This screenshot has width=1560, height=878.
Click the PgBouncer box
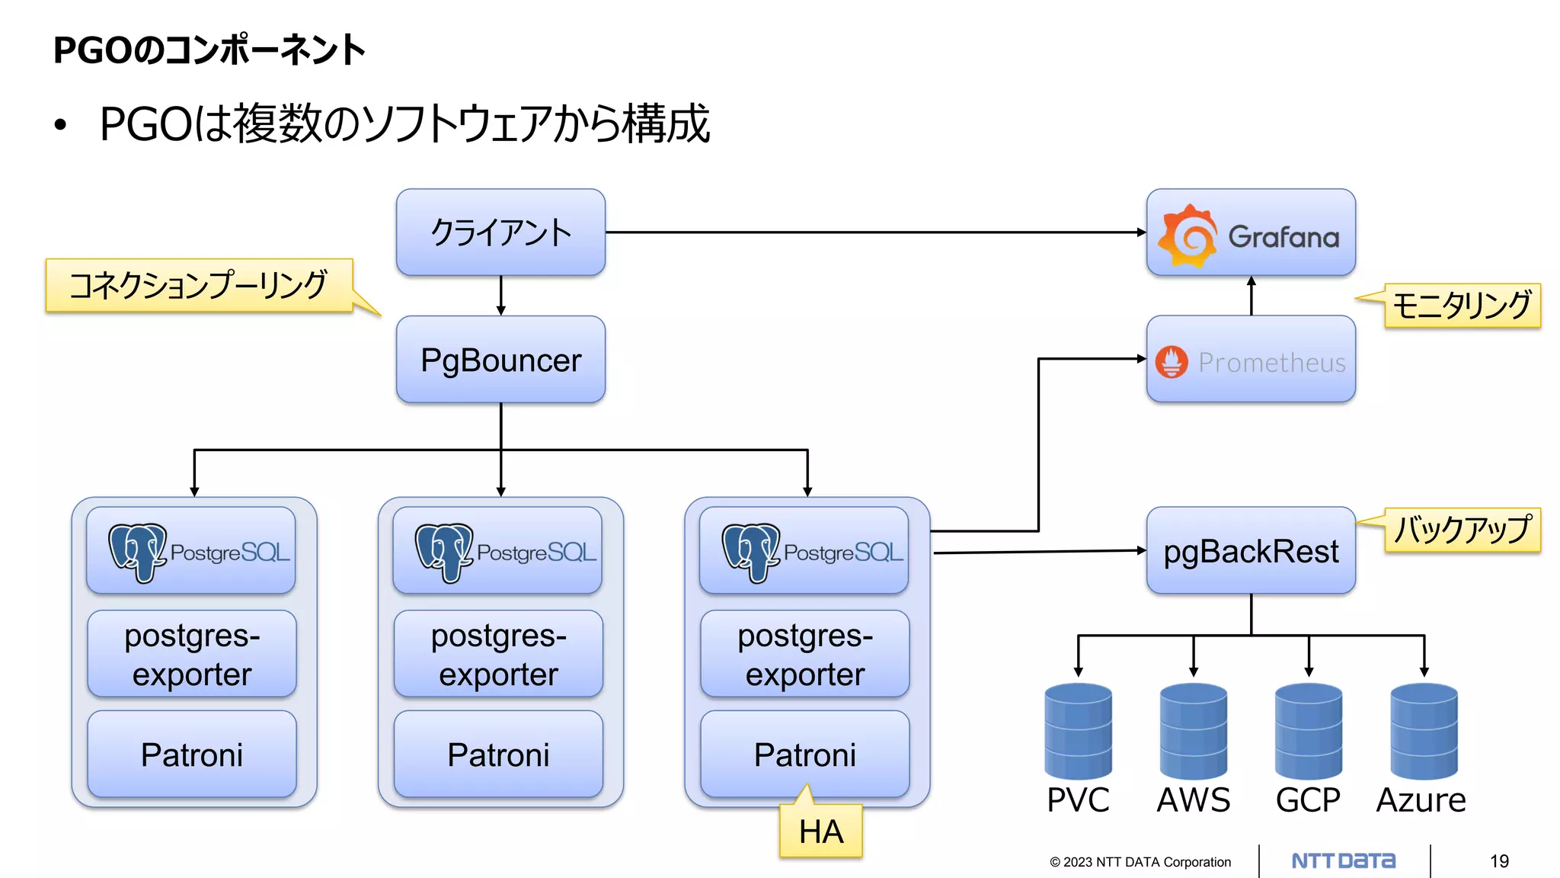point(500,360)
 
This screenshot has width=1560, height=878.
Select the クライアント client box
point(500,232)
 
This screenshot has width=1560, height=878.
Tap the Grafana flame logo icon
point(1186,236)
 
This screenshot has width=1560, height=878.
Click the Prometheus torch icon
point(1172,362)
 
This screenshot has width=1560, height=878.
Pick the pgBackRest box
point(1251,551)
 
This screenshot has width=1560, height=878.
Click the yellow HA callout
point(821,832)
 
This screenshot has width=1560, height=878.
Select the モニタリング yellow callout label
point(1462,306)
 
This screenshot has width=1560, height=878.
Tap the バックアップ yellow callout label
point(1462,530)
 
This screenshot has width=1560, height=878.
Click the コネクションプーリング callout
point(199,286)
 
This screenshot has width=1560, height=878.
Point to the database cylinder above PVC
point(1078,730)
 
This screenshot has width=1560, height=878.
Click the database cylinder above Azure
point(1424,730)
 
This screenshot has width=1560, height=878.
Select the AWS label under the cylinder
point(1193,800)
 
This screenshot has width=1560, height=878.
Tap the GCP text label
point(1308,800)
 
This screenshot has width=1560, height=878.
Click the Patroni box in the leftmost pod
point(192,755)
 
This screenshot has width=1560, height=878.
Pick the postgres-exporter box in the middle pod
point(498,654)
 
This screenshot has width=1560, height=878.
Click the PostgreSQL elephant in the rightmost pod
point(750,552)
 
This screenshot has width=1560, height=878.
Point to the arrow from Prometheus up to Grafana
point(1251,296)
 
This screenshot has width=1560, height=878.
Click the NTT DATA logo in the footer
point(1344,861)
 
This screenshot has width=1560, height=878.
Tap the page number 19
point(1499,861)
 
